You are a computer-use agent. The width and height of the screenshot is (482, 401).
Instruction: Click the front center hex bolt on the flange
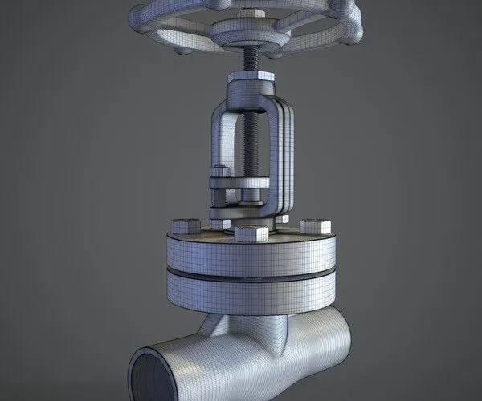253,234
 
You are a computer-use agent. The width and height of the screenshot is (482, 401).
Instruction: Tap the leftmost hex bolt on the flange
182,227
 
